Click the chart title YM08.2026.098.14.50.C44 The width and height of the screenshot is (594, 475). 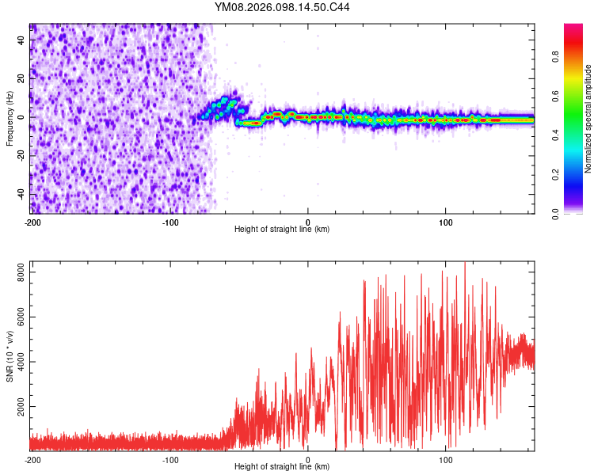(x=282, y=7)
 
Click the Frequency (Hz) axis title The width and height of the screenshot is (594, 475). (x=10, y=118)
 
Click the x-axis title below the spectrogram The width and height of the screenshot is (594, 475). (x=282, y=230)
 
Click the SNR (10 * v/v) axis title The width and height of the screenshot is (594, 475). (x=10, y=356)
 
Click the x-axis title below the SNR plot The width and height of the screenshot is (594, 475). (x=282, y=467)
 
